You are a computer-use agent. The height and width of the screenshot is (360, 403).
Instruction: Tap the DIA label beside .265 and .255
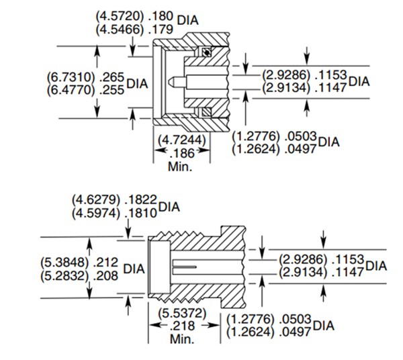(x=137, y=83)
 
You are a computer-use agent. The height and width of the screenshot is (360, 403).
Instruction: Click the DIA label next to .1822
(x=169, y=207)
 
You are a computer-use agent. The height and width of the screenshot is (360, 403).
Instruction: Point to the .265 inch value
(x=112, y=76)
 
